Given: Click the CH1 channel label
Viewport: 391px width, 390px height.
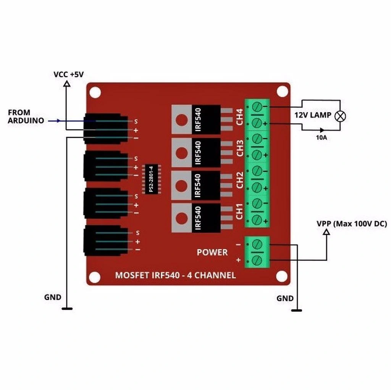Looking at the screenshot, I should click(240, 212).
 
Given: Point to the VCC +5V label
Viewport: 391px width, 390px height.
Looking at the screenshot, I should click(68, 75).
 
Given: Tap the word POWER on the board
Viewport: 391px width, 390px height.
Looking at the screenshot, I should click(212, 252).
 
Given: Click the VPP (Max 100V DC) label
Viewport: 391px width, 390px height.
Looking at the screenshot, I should click(351, 224).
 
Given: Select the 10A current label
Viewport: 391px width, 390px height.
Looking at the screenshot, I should click(322, 138).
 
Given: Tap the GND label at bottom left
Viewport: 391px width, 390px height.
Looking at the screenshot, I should click(53, 297).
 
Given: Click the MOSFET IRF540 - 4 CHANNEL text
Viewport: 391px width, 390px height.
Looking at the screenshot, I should click(175, 275).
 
